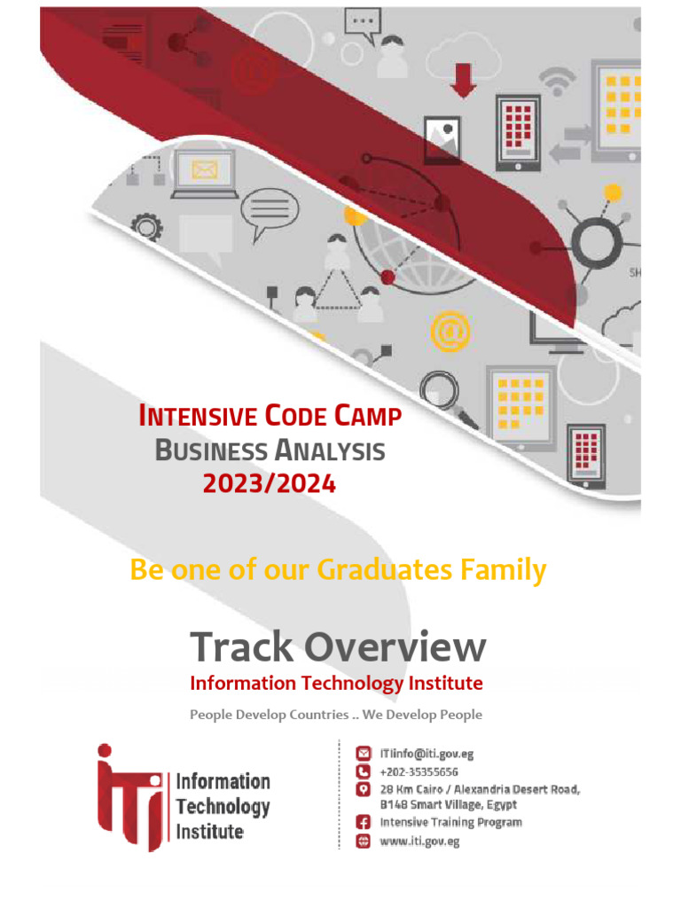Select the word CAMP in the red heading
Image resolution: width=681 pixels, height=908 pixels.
pyautogui.click(x=368, y=416)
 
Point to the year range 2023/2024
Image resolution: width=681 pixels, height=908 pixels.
pyautogui.click(x=270, y=484)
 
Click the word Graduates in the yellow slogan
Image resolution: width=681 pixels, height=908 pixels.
pyautogui.click(x=387, y=569)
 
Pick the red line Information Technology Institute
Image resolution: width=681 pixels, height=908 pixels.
pyautogui.click(x=336, y=684)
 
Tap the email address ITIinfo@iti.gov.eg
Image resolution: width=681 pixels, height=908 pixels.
pyautogui.click(x=427, y=754)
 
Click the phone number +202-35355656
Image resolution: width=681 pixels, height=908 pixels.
pyautogui.click(x=419, y=771)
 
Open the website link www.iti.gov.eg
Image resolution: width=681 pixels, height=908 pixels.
pyautogui.click(x=419, y=841)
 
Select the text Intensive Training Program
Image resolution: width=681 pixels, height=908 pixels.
pyautogui.click(x=450, y=822)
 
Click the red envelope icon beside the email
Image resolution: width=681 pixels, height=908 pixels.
pyautogui.click(x=363, y=754)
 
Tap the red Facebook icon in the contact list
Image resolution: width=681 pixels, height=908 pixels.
pyautogui.click(x=363, y=822)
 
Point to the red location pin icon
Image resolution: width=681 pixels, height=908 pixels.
pyautogui.click(x=363, y=789)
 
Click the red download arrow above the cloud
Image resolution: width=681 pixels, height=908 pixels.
pyautogui.click(x=463, y=80)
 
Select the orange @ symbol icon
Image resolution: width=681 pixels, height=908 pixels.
pyautogui.click(x=449, y=332)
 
